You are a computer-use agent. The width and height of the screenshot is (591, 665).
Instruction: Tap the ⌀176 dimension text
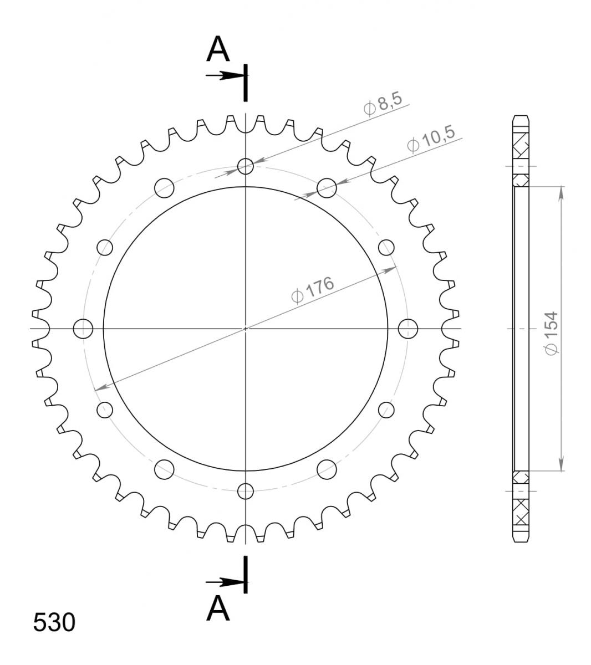[x=313, y=289]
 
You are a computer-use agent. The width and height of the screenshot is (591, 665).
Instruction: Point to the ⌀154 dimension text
[x=551, y=333]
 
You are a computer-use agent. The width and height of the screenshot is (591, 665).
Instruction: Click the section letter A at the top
[x=218, y=49]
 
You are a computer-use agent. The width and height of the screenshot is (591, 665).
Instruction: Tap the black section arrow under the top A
[x=225, y=75]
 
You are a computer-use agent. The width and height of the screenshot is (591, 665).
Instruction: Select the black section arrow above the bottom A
[x=225, y=582]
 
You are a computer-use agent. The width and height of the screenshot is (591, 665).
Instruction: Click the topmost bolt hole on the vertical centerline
[x=245, y=166]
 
